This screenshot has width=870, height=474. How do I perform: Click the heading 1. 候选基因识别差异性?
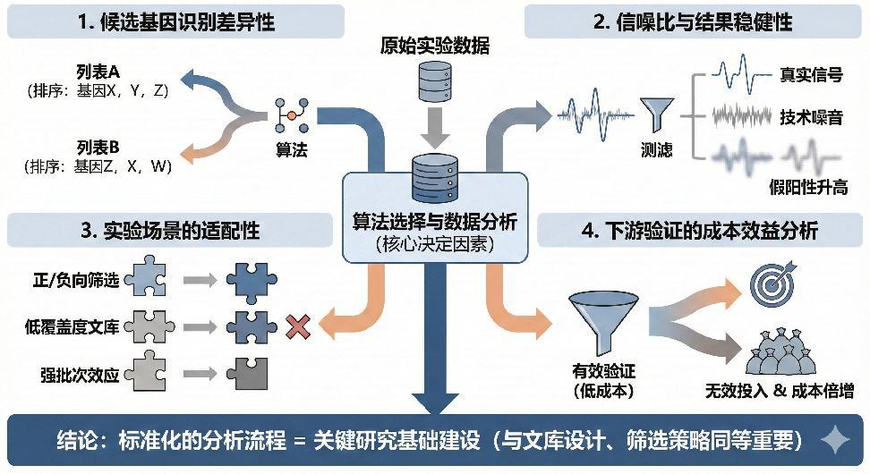coord(175,21)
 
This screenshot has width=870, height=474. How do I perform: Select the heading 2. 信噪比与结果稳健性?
coord(694,21)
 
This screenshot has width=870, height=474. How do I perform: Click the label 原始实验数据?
coord(434,44)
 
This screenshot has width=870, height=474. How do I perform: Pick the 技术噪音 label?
coord(811,117)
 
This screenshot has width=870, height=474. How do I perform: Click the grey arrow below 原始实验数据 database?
coord(434,128)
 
